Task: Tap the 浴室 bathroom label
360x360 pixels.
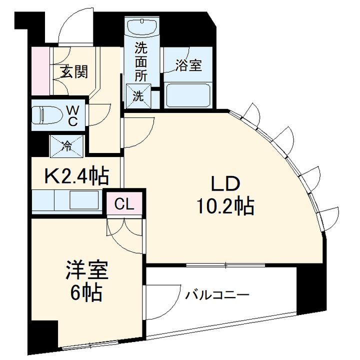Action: [x=189, y=65]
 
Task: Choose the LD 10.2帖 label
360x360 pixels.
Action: [x=225, y=195]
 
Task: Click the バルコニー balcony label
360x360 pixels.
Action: [x=217, y=294]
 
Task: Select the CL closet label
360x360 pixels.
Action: [x=124, y=204]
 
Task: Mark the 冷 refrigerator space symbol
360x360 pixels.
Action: [x=67, y=146]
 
